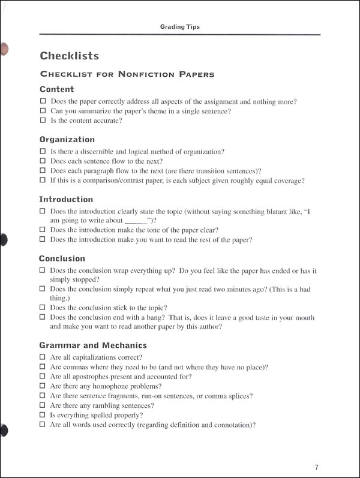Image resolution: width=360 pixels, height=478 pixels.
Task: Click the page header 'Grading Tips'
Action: coord(179,27)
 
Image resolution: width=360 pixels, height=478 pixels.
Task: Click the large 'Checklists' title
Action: coord(69,56)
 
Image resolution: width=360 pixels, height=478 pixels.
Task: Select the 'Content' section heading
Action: coord(56,89)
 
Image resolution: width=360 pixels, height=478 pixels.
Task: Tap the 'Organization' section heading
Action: coord(67,140)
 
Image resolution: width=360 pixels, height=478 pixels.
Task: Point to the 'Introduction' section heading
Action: coord(66,199)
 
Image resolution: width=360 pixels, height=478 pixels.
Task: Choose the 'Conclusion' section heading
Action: coord(62,258)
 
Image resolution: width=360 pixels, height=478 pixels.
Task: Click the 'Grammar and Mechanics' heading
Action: coord(92,345)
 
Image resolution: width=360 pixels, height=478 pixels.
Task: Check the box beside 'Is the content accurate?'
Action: coord(43,121)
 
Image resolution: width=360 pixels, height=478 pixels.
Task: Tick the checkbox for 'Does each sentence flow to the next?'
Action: coord(43,161)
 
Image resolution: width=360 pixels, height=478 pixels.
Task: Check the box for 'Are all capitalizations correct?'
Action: coord(43,357)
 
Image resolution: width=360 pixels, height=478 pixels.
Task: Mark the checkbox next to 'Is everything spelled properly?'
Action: coord(43,415)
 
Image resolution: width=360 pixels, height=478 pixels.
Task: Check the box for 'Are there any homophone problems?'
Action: coord(43,386)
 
